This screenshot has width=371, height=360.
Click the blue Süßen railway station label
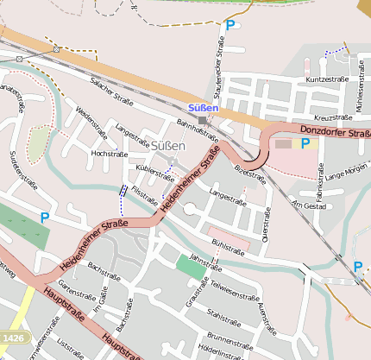[204, 108]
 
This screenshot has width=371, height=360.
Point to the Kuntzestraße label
[327, 79]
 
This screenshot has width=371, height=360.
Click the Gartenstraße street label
[74, 299]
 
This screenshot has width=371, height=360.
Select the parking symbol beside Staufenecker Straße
[230, 26]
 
